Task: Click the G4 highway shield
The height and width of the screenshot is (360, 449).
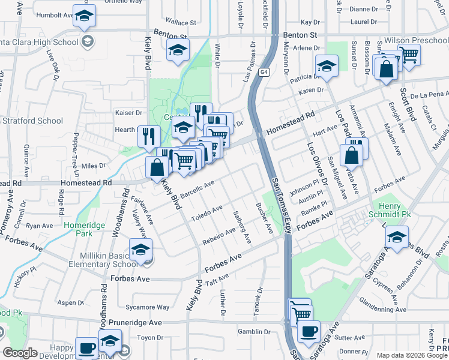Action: point(264,73)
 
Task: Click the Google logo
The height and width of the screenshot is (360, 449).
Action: point(20,353)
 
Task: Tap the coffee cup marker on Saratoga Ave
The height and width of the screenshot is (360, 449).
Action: point(309,332)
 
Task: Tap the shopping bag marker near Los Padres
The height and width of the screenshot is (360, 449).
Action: point(352,155)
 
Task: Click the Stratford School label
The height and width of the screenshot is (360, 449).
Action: point(32,121)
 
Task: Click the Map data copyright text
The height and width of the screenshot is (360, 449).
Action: point(412,355)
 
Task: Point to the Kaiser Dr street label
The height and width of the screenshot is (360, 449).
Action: point(128,112)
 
